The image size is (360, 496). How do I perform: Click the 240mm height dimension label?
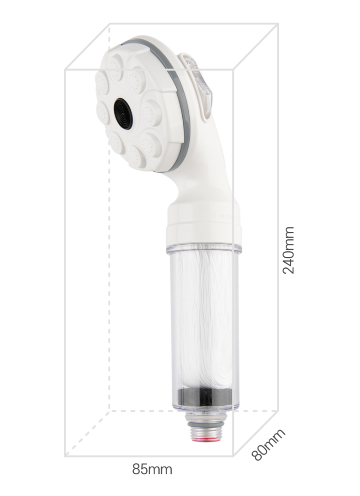288,250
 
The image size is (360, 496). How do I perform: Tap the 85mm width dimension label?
152,469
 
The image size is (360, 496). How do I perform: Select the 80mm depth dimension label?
268,444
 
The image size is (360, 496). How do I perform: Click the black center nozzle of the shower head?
123,113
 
